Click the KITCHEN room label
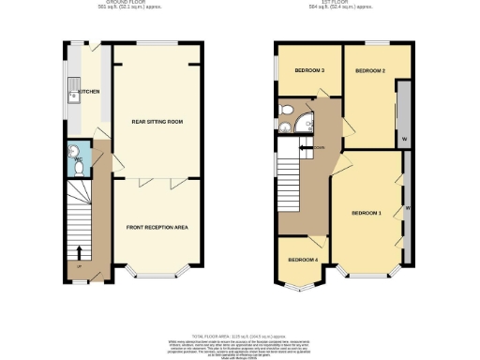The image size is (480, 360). tap(90, 91)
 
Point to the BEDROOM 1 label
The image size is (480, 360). tap(367, 214)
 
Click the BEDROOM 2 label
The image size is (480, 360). tap(371, 70)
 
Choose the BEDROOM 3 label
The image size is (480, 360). tap(310, 70)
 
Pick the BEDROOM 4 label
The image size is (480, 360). tap(302, 260)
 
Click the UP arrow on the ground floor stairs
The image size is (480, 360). tap(79, 251)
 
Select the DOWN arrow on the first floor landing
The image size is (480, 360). tap(306, 147)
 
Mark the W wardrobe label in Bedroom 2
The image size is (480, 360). tap(403, 138)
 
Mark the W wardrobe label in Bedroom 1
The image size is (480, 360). tap(408, 207)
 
